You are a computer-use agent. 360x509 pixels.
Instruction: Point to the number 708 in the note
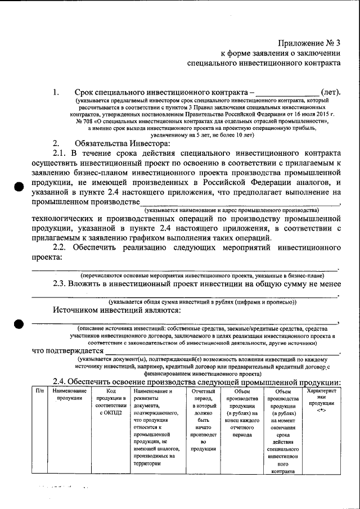pyautogui.click(x=85, y=120)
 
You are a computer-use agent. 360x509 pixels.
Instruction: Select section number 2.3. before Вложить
pyautogui.click(x=60, y=285)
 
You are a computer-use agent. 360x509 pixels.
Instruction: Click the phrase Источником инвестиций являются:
pyautogui.click(x=116, y=310)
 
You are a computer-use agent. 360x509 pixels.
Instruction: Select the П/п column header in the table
pyautogui.click(x=39, y=390)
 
